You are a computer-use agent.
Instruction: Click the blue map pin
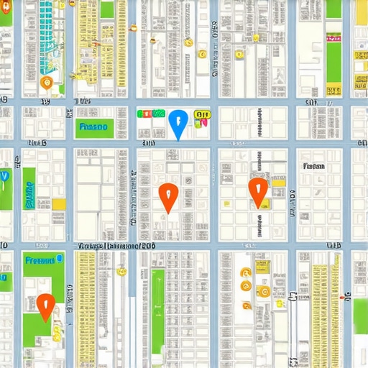(x=177, y=123)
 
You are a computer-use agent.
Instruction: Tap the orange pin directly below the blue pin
(x=167, y=196)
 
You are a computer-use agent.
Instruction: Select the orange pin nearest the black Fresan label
(x=257, y=190)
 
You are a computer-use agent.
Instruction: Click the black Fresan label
(x=314, y=165)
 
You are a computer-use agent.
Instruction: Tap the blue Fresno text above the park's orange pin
(x=41, y=260)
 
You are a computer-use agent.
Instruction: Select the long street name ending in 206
(x=116, y=246)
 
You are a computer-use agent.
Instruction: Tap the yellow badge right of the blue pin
(x=202, y=114)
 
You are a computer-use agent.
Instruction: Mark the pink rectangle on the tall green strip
(x=334, y=35)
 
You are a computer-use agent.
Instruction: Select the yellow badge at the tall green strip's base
(x=333, y=91)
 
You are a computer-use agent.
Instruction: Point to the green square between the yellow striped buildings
(x=107, y=10)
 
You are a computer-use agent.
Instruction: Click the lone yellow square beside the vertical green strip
(x=59, y=204)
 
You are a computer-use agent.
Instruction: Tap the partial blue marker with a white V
(x=4, y=178)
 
